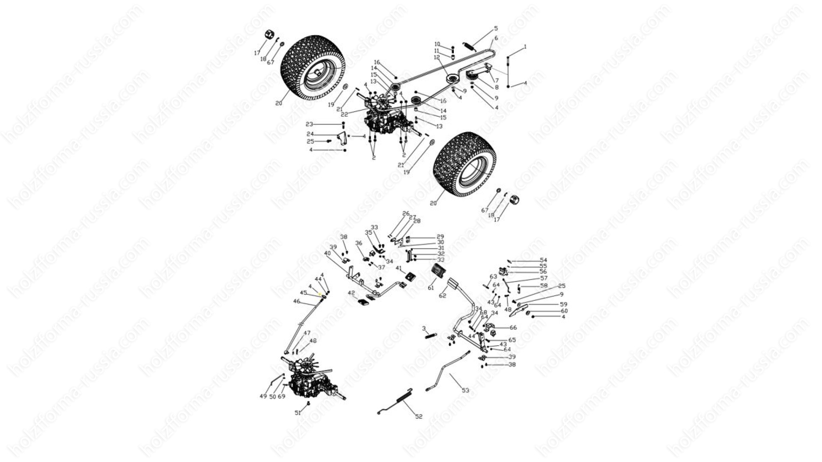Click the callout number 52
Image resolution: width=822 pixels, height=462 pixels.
coord(419,417)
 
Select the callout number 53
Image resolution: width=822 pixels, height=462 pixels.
coord(465,390)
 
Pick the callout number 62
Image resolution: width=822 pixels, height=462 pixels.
coord(443,296)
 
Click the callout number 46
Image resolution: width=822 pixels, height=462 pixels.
coord(297,301)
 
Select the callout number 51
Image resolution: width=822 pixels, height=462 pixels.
coord(298,413)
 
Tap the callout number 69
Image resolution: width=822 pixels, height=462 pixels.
coord(281,397)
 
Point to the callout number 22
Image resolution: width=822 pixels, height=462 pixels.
coord(344,114)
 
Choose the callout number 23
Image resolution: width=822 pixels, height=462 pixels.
coord(310,124)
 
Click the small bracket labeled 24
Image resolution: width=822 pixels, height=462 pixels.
coord(342,139)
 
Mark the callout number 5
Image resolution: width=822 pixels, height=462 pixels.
coord(496,29)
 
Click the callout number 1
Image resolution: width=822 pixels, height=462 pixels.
coord(525,47)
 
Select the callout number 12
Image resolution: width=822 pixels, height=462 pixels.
coord(437,57)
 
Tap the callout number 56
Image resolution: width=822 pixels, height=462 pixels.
coord(543,272)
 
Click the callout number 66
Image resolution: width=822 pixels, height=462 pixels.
coord(513,328)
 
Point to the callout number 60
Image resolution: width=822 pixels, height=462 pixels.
coord(564,311)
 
